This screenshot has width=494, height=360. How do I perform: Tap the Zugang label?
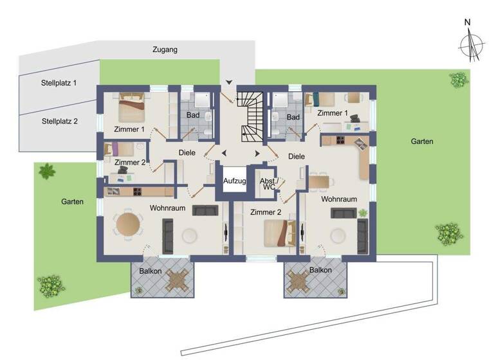click(165, 50)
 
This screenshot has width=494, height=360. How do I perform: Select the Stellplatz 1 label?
click(59, 83)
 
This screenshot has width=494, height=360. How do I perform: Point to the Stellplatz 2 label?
click(59, 120)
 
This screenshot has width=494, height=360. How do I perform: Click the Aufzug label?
click(235, 182)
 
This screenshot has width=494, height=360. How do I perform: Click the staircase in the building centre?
click(251, 116)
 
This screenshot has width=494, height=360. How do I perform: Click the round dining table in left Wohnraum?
click(127, 224)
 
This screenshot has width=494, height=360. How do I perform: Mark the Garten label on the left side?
click(73, 201)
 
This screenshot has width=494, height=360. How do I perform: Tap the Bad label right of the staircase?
click(293, 117)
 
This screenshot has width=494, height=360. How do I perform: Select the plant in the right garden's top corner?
click(459, 80)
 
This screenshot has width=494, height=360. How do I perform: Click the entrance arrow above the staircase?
click(230, 82)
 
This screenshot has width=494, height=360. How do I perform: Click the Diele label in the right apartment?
click(297, 156)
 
